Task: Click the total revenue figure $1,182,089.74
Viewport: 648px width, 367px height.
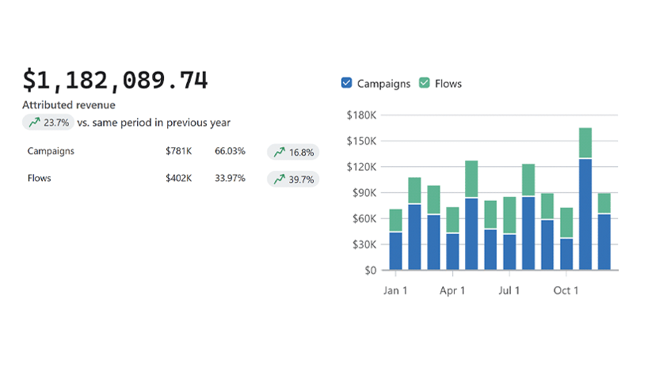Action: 115,80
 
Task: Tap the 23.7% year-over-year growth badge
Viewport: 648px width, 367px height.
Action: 49,123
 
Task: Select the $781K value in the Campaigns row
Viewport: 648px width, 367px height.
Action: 178,151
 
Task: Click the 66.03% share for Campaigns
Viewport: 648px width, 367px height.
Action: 230,151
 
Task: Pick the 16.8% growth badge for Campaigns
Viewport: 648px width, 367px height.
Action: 293,152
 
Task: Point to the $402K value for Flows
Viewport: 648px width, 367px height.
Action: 178,179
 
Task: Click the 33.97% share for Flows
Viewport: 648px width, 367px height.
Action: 230,179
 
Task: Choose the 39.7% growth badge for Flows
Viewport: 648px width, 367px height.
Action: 293,180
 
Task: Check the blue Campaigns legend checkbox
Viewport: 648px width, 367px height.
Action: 346,83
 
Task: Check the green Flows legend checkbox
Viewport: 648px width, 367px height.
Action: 424,83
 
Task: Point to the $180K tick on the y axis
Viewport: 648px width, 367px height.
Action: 361,115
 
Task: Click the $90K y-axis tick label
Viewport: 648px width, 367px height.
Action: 364,193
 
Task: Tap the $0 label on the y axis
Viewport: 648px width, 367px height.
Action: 370,271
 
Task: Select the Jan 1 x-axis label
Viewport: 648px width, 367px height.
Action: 395,290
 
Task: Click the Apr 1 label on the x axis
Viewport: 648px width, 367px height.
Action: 452,290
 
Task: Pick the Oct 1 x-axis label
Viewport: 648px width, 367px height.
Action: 566,290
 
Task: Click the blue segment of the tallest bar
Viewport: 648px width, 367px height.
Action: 585,214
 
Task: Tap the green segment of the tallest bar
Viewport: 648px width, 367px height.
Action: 585,143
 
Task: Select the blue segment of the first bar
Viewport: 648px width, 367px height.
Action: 395,251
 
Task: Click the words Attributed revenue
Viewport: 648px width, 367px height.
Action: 69,105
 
